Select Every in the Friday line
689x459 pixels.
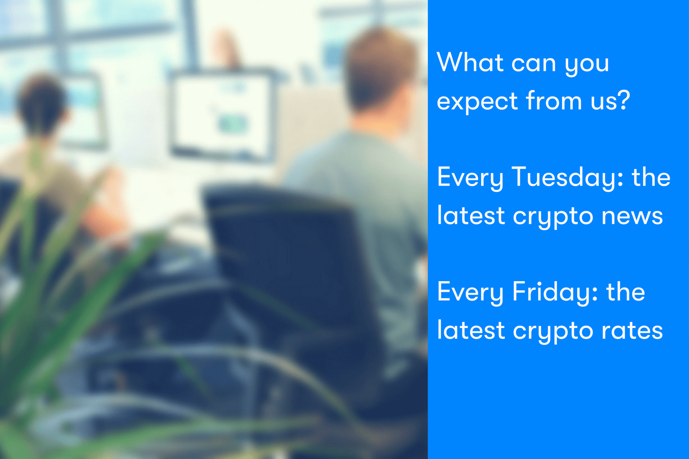point(470,292)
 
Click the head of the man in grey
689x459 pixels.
point(381,70)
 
